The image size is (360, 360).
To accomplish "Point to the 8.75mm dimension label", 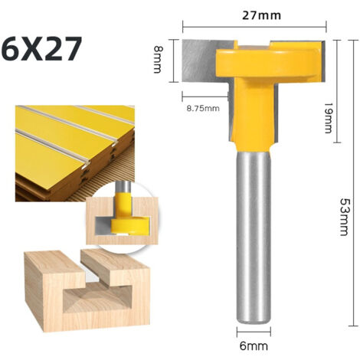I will [x=202, y=108].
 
